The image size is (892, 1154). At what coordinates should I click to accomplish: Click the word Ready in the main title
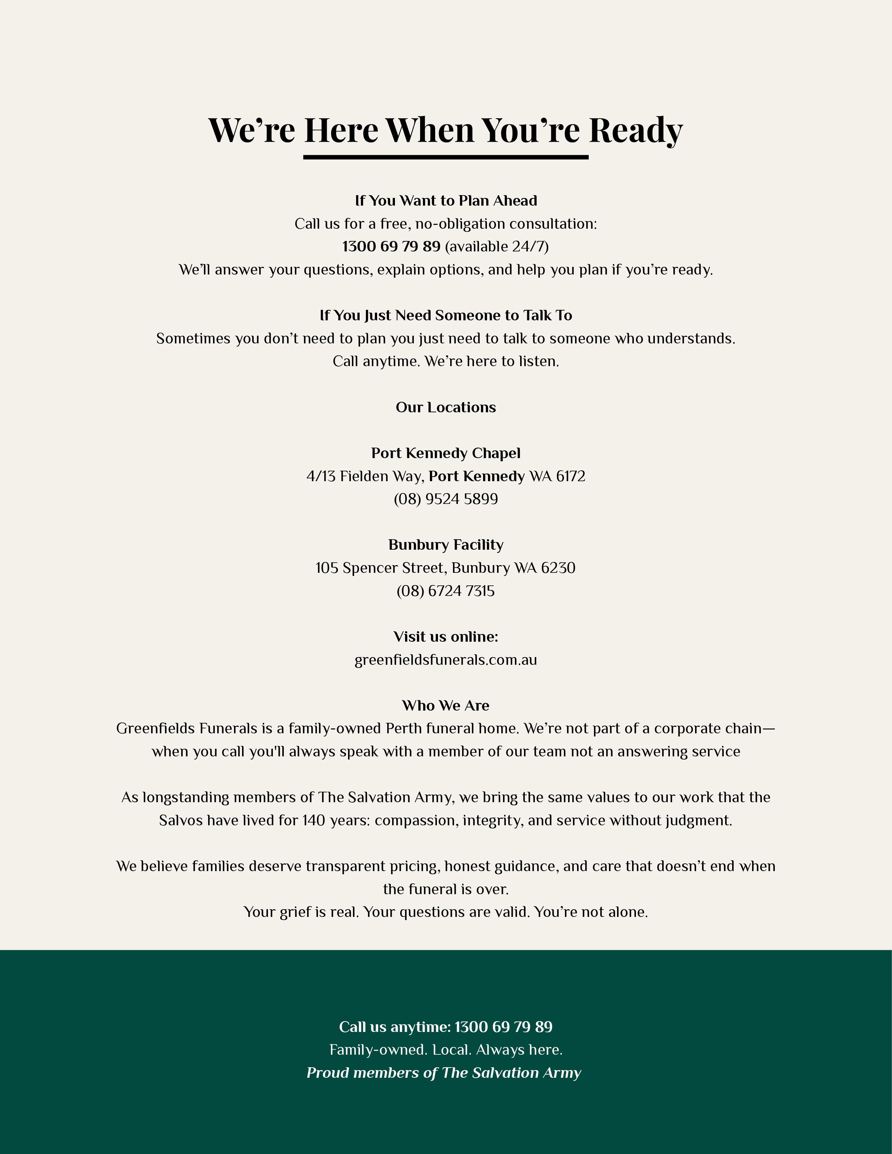point(635,130)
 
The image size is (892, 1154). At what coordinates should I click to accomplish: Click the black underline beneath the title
point(445,157)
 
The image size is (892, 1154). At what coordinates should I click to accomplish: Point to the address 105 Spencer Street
point(380,568)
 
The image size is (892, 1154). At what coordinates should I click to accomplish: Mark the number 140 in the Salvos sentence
point(313,821)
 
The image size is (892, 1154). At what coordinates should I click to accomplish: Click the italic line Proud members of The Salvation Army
point(444,1073)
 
